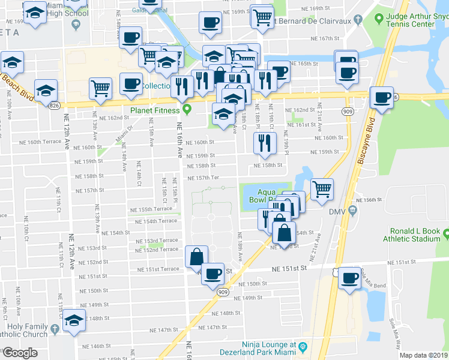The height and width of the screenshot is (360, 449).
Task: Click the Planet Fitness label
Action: pos(155,110)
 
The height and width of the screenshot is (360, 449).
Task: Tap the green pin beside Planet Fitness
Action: pos(187,110)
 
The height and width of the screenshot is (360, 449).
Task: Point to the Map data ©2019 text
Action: pos(424,355)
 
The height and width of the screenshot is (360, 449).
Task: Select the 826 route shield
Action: pos(55,106)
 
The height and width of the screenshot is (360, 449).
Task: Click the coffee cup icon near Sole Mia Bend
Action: pos(349,277)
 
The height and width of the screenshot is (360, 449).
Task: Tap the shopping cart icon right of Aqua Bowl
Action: pos(323,188)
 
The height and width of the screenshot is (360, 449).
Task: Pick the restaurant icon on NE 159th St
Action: pos(264,142)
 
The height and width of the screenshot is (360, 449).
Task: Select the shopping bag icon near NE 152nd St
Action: pos(197,256)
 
